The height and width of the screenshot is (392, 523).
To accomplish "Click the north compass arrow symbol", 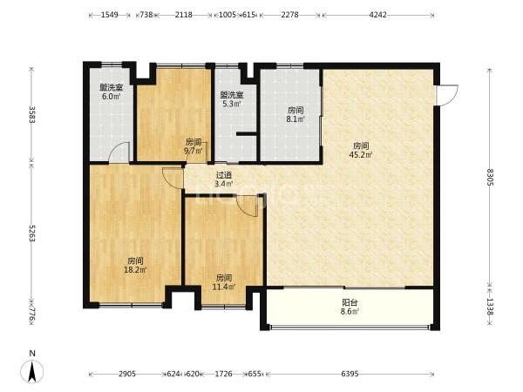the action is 31,371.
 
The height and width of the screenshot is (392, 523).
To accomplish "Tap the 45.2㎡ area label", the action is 361,155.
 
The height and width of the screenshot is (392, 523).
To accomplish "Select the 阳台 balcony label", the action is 350,302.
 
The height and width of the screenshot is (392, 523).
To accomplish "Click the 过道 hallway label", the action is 223,175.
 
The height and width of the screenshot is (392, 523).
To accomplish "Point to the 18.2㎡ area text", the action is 135,270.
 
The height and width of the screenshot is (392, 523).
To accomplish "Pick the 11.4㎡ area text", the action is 224,287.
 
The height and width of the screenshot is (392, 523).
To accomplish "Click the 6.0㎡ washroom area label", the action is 111,97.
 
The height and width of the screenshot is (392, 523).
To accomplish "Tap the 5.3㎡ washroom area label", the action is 232,104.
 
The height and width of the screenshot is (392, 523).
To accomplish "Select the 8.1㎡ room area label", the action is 295,119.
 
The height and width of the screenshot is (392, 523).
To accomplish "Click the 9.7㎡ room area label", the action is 194,151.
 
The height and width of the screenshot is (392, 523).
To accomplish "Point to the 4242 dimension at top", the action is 378,15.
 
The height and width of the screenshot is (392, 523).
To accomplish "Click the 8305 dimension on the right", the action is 490,178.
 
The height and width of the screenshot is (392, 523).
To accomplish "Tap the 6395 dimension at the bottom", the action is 350,374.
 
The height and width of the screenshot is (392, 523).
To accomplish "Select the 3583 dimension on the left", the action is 32,115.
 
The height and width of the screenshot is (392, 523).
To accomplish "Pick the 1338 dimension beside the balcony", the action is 490,306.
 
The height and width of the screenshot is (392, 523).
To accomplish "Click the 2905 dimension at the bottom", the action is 127,374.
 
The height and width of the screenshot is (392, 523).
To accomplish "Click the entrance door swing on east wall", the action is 448,95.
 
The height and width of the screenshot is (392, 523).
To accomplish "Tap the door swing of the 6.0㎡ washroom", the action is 119,152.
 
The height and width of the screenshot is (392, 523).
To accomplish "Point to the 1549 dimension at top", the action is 110,15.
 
